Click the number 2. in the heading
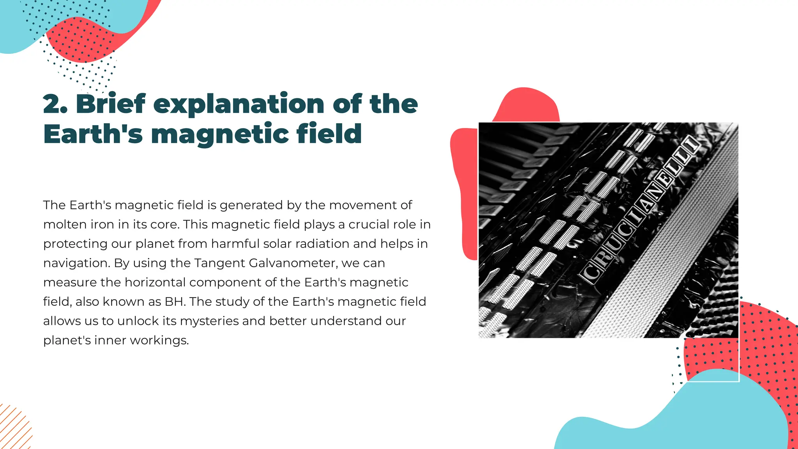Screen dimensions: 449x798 [55, 104]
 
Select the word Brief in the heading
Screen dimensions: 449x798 [111, 104]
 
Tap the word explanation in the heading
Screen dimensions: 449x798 [238, 105]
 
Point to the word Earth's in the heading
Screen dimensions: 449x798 [93, 134]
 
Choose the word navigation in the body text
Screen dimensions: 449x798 [76, 263]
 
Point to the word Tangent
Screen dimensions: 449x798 [219, 263]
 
